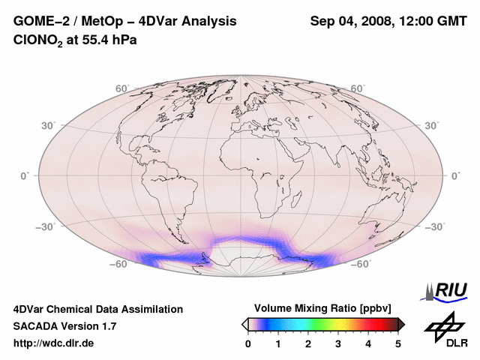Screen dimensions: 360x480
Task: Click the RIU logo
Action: (x=447, y=290)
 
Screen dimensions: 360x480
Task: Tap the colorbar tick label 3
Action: (x=338, y=343)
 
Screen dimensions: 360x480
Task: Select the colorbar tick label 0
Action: (x=248, y=343)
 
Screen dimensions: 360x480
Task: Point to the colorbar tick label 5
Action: (x=398, y=343)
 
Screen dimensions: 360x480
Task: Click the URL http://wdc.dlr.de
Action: (x=55, y=343)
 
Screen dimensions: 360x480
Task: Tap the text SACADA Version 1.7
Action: (x=64, y=326)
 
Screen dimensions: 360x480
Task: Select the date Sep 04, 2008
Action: (x=350, y=20)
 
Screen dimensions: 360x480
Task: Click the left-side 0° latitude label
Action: (x=24, y=175)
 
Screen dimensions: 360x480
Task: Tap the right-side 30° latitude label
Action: (x=433, y=125)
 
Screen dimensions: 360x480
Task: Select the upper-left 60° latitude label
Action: (x=122, y=89)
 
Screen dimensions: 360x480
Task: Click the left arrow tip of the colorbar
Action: (x=244, y=324)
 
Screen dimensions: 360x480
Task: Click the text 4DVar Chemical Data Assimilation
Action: (x=97, y=309)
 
